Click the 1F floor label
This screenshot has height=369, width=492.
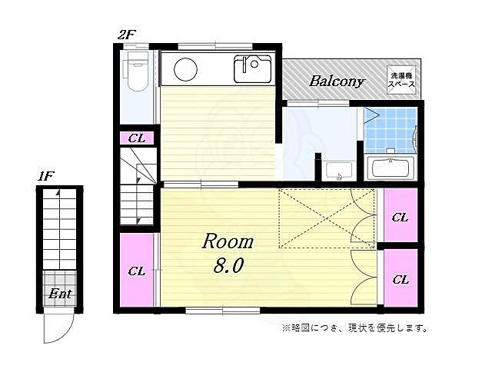46,177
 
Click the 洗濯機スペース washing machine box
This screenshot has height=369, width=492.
402,80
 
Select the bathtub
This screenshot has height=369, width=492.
391,168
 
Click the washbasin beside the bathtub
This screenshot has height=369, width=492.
339,170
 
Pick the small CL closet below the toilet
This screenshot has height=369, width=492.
138,138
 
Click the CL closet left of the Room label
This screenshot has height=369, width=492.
137,271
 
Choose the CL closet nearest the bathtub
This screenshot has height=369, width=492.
400,217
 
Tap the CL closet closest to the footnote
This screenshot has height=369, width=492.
400,279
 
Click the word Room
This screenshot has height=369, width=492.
228,242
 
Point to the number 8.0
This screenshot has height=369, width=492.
228,268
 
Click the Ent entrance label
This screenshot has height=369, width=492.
60,294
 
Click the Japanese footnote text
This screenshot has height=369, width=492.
354,328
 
